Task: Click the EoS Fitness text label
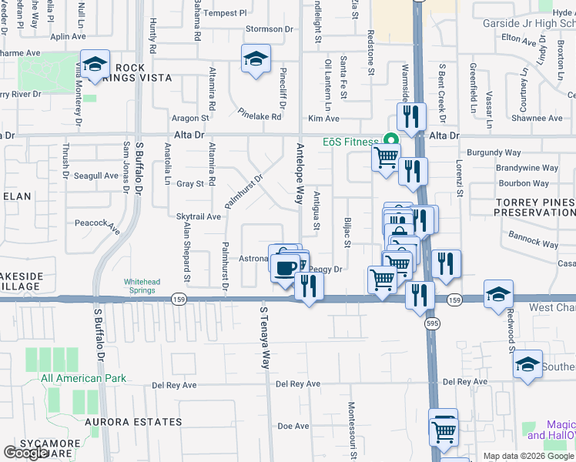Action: click(350, 142)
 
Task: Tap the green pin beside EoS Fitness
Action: click(390, 140)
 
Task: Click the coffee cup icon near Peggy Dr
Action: click(285, 267)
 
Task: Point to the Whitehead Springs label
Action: click(142, 286)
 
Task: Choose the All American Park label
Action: click(83, 378)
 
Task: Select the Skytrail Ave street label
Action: click(199, 217)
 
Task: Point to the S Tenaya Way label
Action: click(264, 337)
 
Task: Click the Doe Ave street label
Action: click(293, 426)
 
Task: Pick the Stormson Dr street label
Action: click(270, 29)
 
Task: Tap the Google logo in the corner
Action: click(25, 453)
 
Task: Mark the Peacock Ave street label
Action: click(98, 226)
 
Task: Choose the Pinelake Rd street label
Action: click(260, 113)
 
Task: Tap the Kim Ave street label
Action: click(323, 119)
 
